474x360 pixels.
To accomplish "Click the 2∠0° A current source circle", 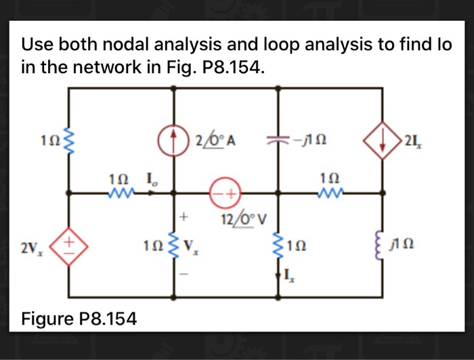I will tap(175, 141).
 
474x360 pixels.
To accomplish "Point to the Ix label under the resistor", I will tap(289, 275).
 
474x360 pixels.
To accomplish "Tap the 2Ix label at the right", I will tap(411, 141).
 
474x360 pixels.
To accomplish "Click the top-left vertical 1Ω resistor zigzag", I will tap(69, 141).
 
